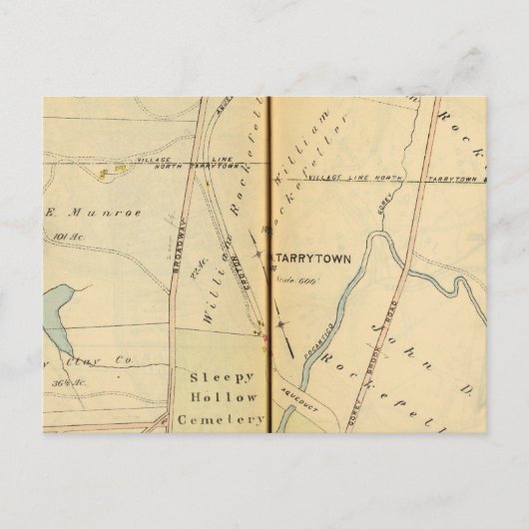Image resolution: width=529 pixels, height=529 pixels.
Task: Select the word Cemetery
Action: [x=220, y=420]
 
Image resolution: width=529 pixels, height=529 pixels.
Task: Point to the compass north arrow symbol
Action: [x=284, y=337]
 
